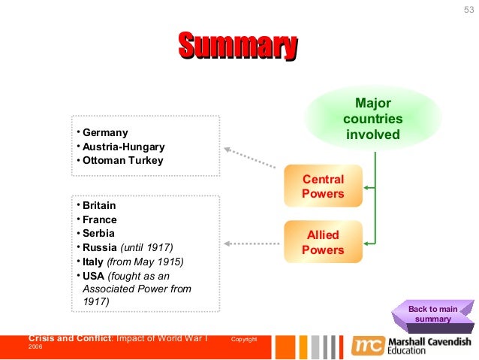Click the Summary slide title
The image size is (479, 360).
(x=237, y=46)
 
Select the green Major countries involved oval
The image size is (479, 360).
(x=372, y=119)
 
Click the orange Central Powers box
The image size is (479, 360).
(x=323, y=186)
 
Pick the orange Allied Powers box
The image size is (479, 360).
(x=323, y=242)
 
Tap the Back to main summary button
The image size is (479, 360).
(x=433, y=314)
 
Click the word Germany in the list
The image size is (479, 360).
(x=105, y=133)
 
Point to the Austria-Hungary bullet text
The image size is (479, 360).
(x=123, y=147)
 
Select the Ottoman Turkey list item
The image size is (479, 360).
(x=122, y=160)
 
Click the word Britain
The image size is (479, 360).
(x=99, y=205)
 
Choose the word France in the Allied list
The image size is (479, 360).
(x=99, y=219)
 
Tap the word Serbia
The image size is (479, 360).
(x=98, y=233)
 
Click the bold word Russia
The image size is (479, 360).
(x=100, y=247)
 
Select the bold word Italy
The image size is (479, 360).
(x=93, y=262)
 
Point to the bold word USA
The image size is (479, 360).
(x=93, y=275)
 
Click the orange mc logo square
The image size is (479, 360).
(x=367, y=345)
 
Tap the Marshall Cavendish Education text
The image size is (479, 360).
(x=430, y=345)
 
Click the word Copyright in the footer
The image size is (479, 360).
(x=244, y=340)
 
